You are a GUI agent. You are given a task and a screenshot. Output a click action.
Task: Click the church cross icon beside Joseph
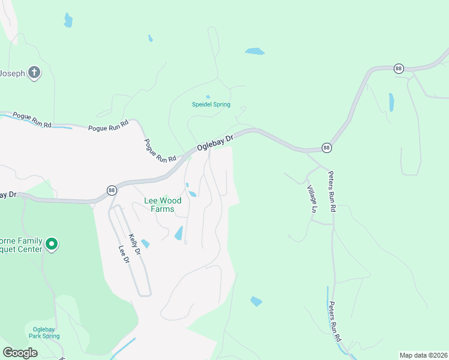pos(34,73)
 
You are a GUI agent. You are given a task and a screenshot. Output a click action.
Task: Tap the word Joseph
pos(13,73)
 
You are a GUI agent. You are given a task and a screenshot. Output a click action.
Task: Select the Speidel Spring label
pos(211,104)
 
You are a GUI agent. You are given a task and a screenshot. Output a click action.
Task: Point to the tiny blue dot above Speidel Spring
pos(208,97)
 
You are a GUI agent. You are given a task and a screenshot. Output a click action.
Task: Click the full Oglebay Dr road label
pos(213,142)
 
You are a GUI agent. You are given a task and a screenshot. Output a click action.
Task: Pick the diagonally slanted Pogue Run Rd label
pos(159,151)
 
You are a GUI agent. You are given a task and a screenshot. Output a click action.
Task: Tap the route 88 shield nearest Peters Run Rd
pos(327,147)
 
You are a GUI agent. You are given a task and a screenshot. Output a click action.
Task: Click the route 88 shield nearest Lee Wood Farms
pos(112,190)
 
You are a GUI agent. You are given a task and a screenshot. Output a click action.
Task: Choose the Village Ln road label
pos(313,199)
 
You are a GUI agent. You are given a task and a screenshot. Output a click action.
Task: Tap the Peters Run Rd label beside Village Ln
pos(331,191)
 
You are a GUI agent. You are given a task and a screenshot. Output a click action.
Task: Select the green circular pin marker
pos(52,244)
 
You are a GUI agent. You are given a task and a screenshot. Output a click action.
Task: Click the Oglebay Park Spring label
pos(44,332)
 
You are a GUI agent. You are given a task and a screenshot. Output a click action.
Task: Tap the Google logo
pos(20,353)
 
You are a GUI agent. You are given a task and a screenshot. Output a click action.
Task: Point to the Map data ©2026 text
pos(423,355)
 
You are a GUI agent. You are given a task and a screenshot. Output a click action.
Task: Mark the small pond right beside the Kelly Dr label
pos(145,244)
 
